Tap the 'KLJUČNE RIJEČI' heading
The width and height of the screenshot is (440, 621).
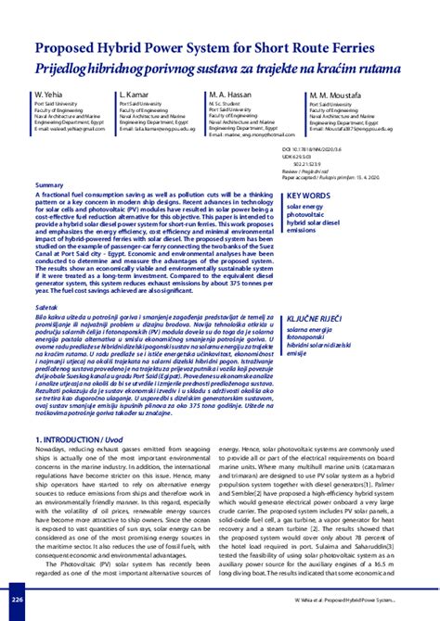tap(317, 317)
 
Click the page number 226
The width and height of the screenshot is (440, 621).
tap(16, 601)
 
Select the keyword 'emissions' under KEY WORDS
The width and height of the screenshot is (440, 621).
tap(303, 230)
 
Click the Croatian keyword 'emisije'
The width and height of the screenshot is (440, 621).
tap(300, 353)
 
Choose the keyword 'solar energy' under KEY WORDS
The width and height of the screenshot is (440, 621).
tap(307, 207)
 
